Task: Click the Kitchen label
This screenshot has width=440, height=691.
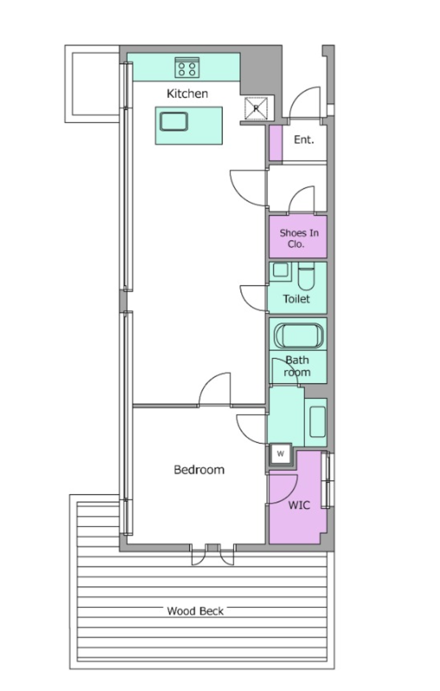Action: tap(187, 94)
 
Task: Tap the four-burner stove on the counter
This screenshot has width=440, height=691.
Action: tap(187, 68)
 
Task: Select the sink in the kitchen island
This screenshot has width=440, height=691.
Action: tap(174, 122)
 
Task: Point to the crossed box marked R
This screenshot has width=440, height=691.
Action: tap(256, 108)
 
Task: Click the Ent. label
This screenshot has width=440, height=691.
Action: tap(304, 140)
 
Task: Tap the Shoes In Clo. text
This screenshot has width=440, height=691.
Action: tap(298, 239)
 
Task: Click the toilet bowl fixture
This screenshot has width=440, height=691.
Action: tap(306, 276)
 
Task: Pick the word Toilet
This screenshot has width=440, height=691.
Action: tap(296, 299)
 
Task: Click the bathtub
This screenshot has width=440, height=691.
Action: tap(298, 336)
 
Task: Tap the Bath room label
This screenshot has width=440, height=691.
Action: tap(297, 366)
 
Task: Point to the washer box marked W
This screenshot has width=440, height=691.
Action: tap(280, 454)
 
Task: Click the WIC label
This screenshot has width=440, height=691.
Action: tap(299, 505)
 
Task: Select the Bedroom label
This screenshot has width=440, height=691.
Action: tap(199, 470)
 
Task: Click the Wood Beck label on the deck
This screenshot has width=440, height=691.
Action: tap(195, 611)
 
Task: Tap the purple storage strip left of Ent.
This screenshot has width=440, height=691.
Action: tap(276, 143)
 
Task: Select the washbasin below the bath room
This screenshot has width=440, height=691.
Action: tap(317, 422)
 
